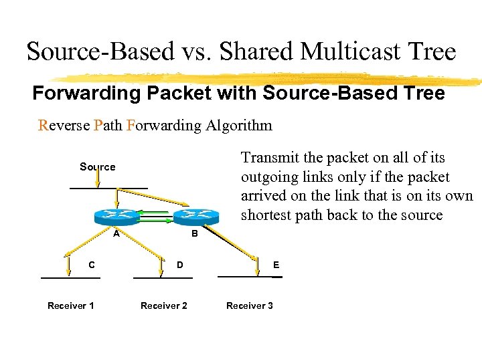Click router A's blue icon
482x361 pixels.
[116, 215]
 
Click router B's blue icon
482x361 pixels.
[195, 215]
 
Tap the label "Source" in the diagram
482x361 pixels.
[97, 166]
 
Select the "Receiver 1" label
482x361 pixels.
[70, 306]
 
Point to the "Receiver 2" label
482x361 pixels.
[163, 306]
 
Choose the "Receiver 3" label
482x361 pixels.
[249, 306]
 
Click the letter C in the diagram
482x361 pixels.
[92, 265]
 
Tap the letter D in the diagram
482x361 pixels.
[179, 265]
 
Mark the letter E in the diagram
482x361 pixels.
[276, 265]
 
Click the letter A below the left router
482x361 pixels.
[116, 234]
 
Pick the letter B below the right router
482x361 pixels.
[194, 234]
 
